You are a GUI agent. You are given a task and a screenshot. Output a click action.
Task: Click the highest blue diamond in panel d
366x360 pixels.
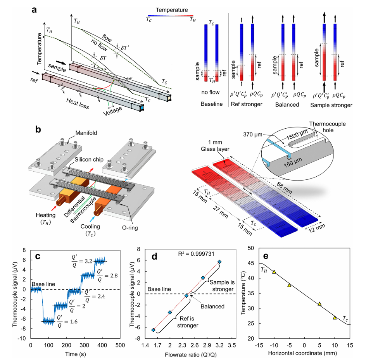(x=219, y=262)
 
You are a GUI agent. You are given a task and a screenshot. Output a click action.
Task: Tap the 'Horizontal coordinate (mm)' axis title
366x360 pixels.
(x=304, y=353)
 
